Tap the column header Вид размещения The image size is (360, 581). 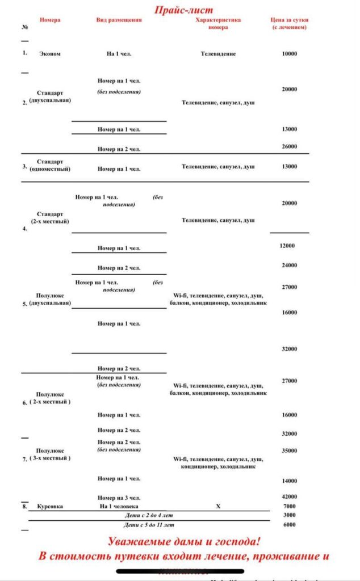coord(119,20)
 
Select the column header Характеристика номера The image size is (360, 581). coord(218,23)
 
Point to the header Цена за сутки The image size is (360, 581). coord(289,20)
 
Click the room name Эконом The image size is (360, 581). coord(50,54)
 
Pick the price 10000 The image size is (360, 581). coord(289,54)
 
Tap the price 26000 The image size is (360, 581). coord(289,146)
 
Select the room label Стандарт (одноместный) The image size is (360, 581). coord(50,165)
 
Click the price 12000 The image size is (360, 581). coord(287,246)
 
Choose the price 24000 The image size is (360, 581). coord(289,265)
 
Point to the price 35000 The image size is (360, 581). coord(289,451)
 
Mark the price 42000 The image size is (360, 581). coord(289,496)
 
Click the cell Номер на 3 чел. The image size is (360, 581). coord(119,498)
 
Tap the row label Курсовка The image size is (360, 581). coord(50,506)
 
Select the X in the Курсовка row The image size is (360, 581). coord(218,506)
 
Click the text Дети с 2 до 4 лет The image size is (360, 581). coord(149,515)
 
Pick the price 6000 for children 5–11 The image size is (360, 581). coord(289,525)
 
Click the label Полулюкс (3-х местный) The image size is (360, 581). coord(50,454)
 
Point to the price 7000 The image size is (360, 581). coord(289,506)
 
